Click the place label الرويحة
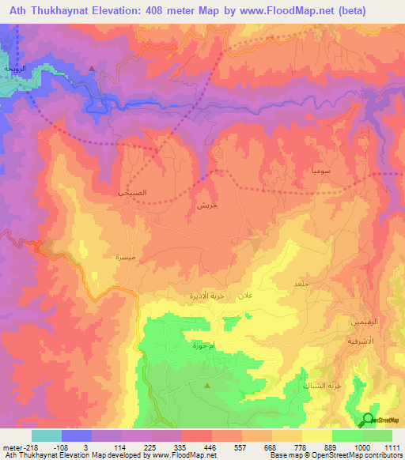(16, 70)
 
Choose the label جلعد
(301, 284)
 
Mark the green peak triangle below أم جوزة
(208, 386)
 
